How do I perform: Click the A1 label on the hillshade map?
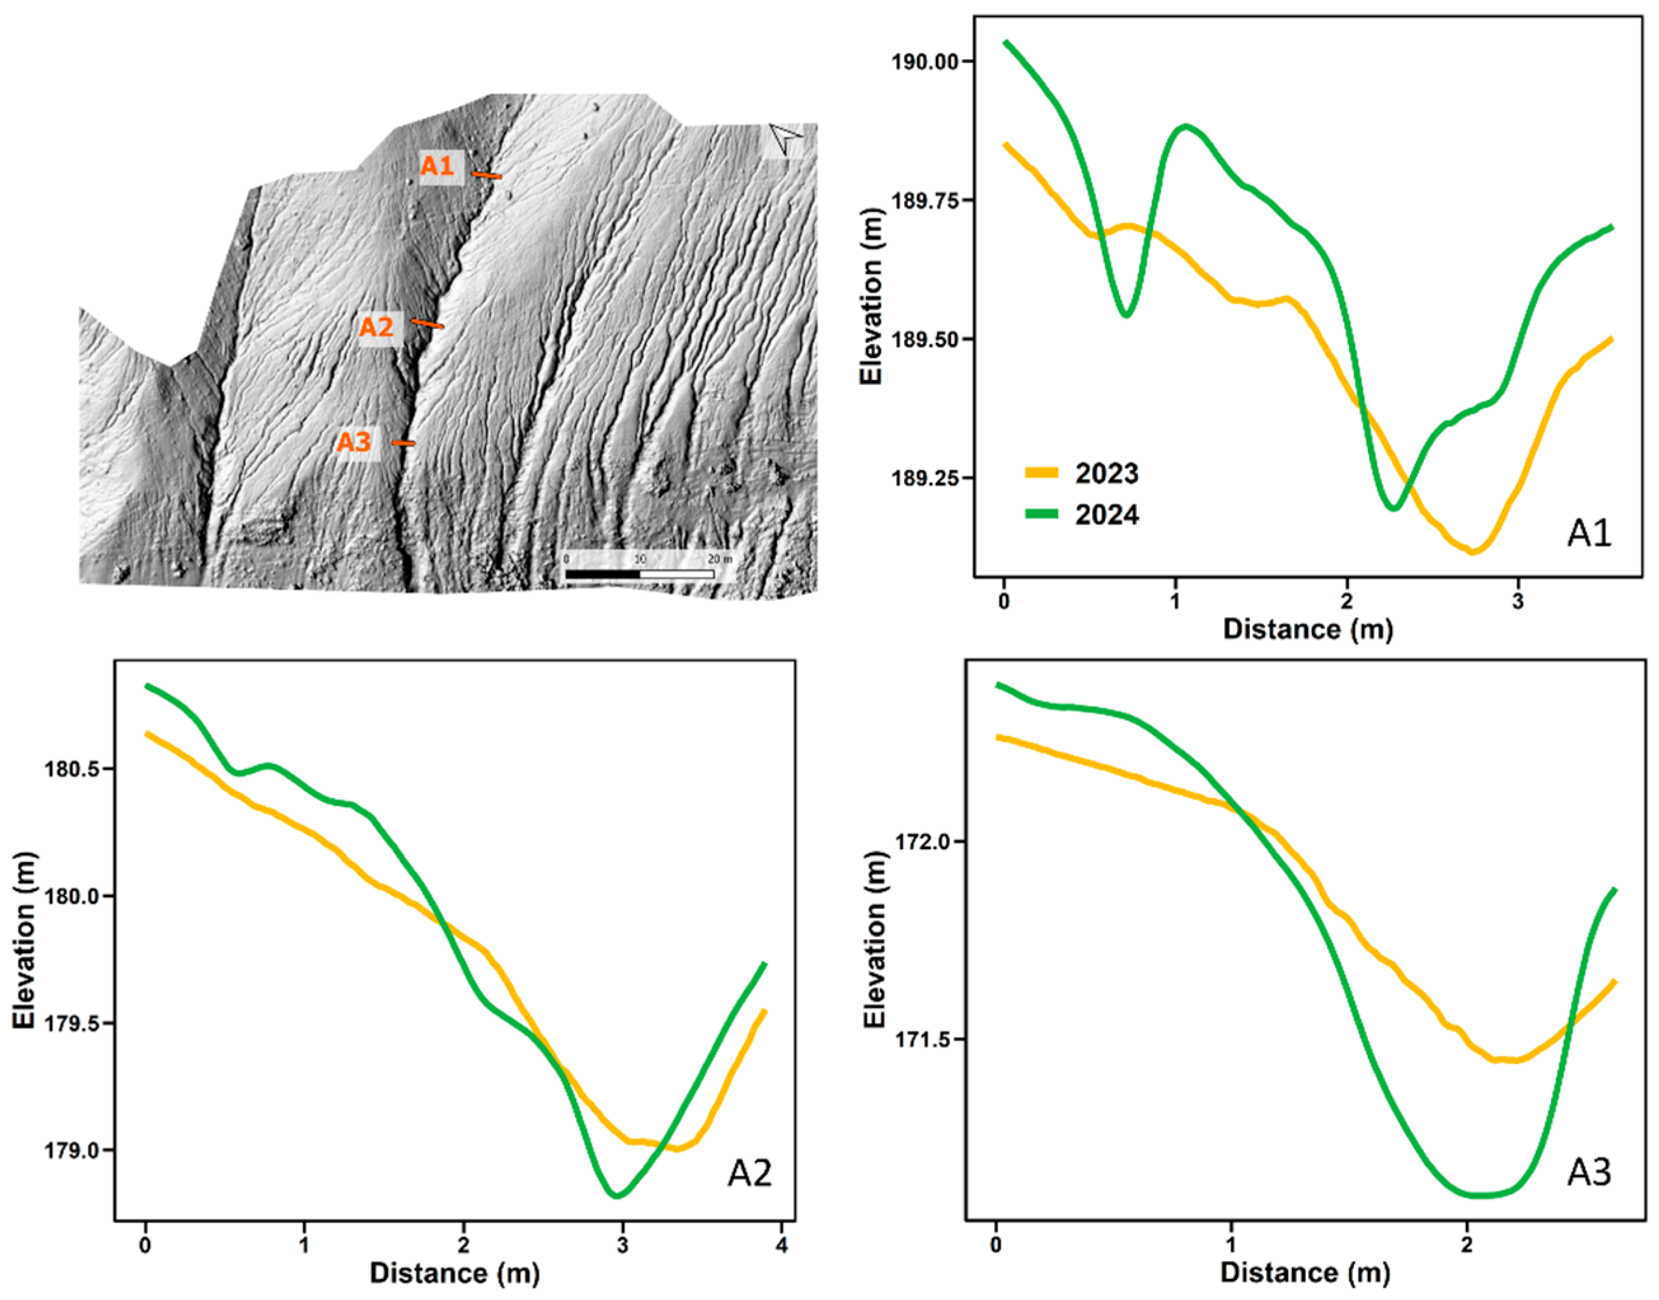tap(438, 165)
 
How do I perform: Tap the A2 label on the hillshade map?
tap(377, 327)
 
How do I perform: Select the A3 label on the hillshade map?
tap(355, 441)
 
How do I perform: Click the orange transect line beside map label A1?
tap(487, 176)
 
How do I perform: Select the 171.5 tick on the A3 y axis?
tap(923, 1039)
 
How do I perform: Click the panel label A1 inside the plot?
tap(1590, 533)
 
